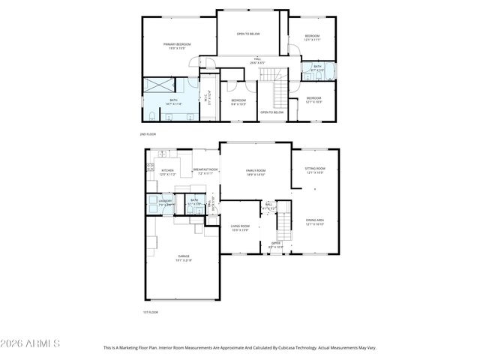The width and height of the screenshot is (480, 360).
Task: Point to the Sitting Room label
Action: point(315,170)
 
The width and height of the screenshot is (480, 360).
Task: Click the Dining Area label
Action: point(314,221)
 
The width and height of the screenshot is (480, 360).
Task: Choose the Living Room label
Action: point(240,227)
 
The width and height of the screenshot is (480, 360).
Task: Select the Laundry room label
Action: point(165,202)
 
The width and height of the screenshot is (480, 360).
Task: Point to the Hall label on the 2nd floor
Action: point(256,60)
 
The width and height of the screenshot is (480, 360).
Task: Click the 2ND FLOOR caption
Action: point(148,134)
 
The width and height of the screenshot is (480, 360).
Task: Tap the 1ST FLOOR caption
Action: point(151,312)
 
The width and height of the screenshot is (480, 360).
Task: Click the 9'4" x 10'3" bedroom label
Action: point(238,101)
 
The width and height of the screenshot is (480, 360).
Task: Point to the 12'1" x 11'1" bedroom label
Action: point(312,38)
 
